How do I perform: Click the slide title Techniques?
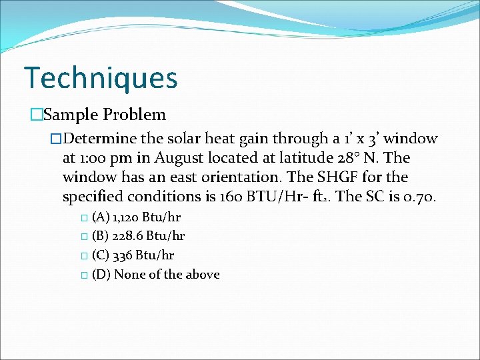coord(101,77)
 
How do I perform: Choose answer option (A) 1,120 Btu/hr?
coord(136,217)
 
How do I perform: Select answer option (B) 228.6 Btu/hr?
coord(138,236)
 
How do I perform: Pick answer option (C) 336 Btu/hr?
coord(133,255)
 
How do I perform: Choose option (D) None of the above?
coord(155,274)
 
